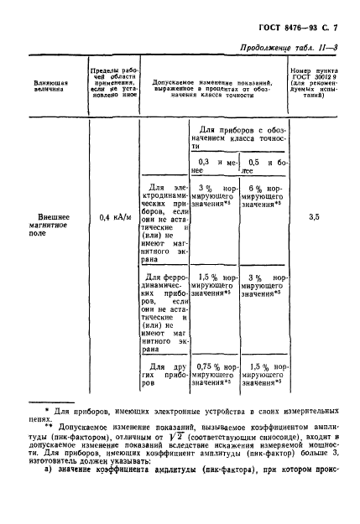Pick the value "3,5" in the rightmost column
(x=313, y=217)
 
